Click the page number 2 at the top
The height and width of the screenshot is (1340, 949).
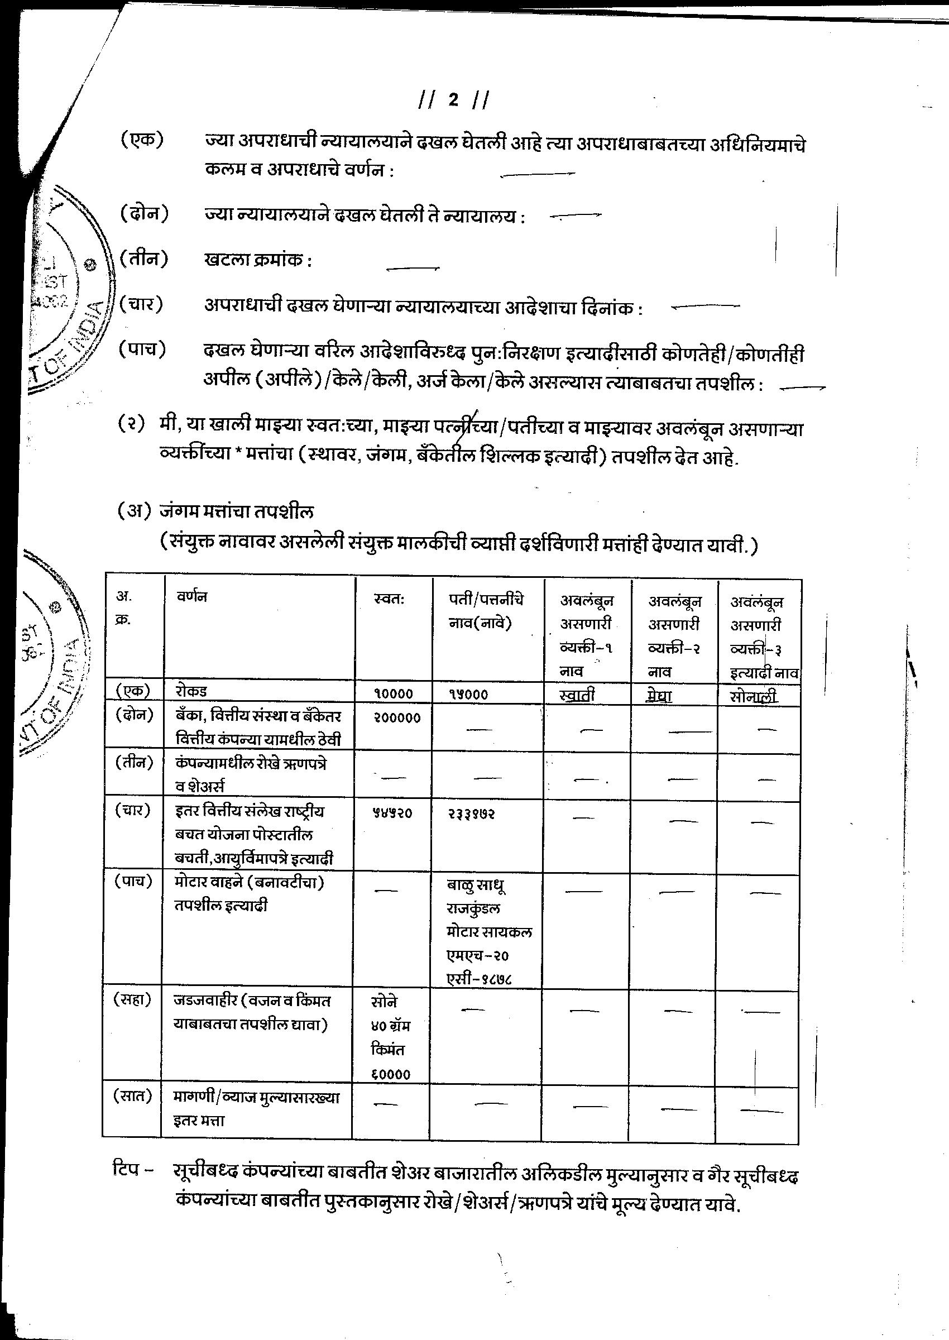coord(453,100)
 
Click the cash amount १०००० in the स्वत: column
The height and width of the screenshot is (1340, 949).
coord(393,693)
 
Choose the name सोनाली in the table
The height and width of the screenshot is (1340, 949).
coord(754,696)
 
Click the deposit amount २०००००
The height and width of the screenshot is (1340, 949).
coord(397,718)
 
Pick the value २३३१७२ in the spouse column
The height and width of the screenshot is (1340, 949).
coord(472,813)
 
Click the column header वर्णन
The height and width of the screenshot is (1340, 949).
coord(193,596)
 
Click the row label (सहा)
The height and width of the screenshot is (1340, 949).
coord(133,999)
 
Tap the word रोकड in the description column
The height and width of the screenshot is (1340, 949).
coord(191,691)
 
